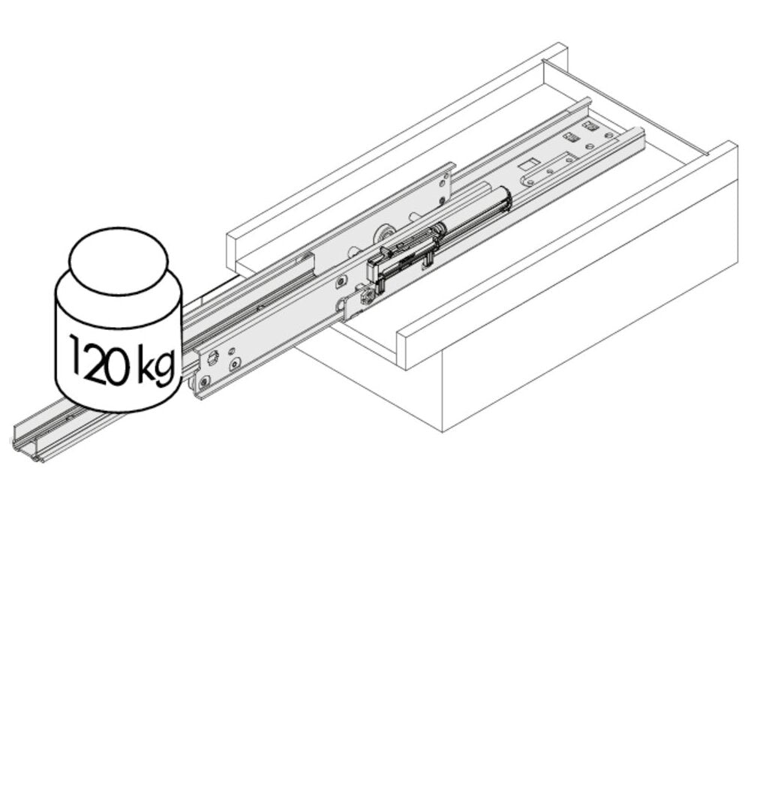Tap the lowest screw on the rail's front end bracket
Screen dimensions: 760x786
click(203, 383)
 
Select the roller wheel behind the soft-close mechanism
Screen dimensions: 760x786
click(385, 233)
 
